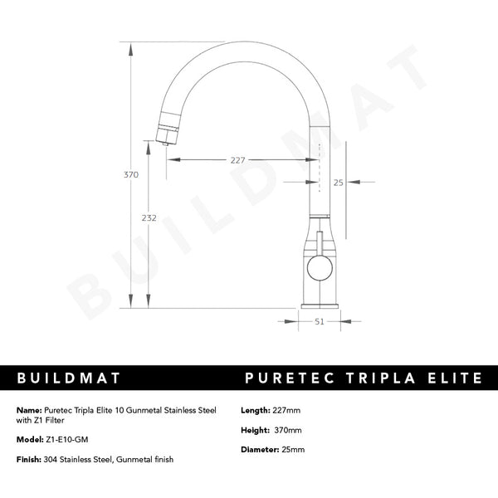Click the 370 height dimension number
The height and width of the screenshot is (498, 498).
tap(130, 175)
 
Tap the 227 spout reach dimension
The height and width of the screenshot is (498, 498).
tap(237, 161)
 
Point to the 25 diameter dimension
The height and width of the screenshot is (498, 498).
tap(338, 182)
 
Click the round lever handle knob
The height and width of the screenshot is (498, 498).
tap(319, 267)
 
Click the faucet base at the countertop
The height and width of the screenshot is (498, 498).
tap(320, 303)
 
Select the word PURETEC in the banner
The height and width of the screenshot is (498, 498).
tap(287, 378)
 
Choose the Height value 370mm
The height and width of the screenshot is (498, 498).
tap(289, 430)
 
